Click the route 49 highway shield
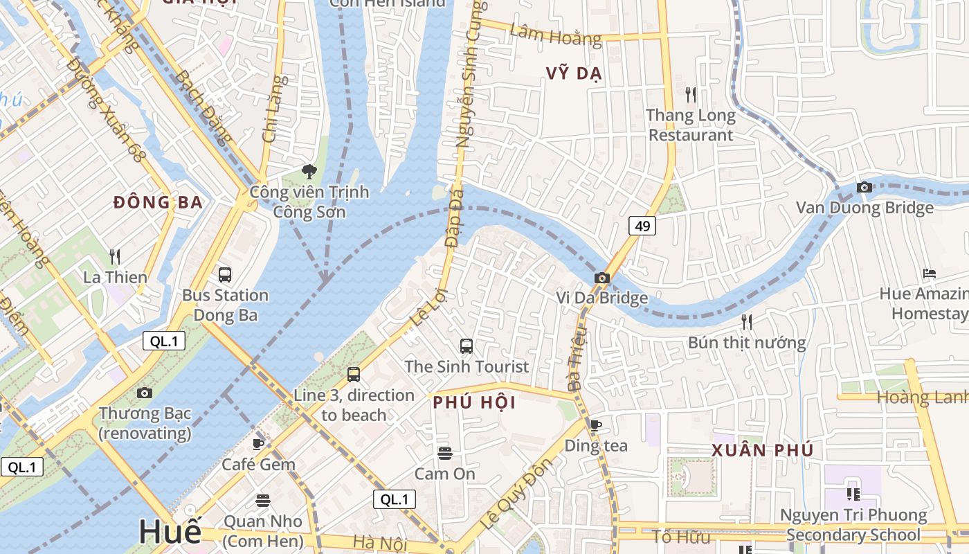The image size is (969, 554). point(642,226)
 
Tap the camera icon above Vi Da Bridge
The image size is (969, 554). point(602,278)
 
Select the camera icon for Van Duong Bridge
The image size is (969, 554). point(864,187)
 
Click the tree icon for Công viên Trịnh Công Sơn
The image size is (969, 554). point(309,171)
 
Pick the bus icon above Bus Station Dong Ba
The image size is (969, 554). point(225,274)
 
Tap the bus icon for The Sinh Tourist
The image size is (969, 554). point(467,346)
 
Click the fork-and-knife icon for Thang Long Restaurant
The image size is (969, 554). point(690,95)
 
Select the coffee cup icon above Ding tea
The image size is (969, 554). point(595,425)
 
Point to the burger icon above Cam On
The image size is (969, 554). point(444,453)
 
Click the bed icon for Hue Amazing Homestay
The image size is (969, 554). point(930,274)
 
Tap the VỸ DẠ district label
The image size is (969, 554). point(574,73)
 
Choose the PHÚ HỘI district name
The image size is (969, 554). point(474,402)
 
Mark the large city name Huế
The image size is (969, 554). point(170,532)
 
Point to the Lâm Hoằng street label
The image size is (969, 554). point(555,34)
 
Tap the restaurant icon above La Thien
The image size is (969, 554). point(115,257)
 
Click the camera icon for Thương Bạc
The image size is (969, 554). point(144,393)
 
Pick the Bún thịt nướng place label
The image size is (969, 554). point(746,342)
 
